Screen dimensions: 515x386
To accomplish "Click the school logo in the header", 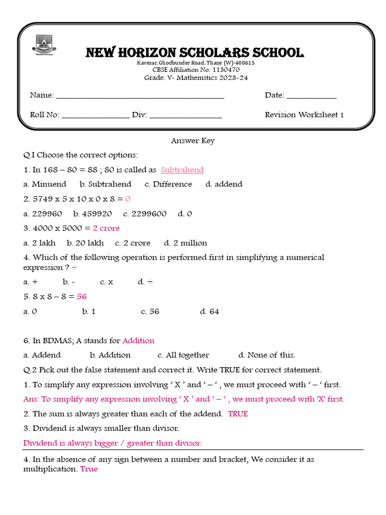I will tap(44, 45).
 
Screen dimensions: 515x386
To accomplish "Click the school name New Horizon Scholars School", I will tap(195, 52).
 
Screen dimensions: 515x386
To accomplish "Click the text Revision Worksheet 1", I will tap(304, 115).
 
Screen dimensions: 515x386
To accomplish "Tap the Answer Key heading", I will tap(192, 141).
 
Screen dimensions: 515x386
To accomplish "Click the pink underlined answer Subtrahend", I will tap(182, 170).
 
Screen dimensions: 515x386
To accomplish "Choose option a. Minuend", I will tap(45, 184).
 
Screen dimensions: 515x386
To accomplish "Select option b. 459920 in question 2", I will tap(92, 214).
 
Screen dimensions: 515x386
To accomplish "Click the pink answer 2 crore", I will tap(106, 228).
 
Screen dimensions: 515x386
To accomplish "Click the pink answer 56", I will tap(82, 297).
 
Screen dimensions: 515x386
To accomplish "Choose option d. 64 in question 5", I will tap(210, 311).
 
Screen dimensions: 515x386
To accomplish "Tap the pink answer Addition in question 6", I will tap(138, 340).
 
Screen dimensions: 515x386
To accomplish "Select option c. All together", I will tap(183, 355).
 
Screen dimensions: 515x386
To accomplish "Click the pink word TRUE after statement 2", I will tap(238, 414).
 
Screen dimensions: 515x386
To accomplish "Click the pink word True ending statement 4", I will tap(89, 469).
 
